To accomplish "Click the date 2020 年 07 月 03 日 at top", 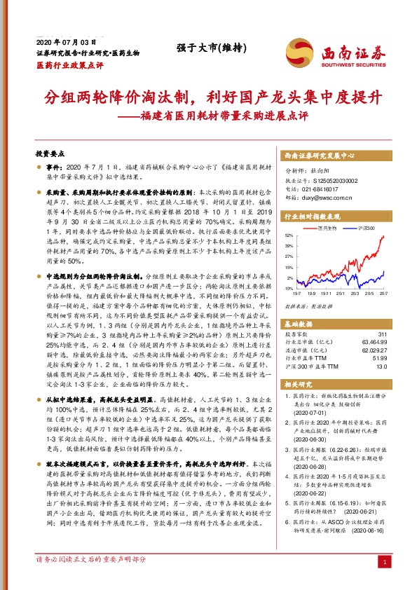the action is point(64,43).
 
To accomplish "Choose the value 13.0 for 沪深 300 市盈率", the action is point(381,367).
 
